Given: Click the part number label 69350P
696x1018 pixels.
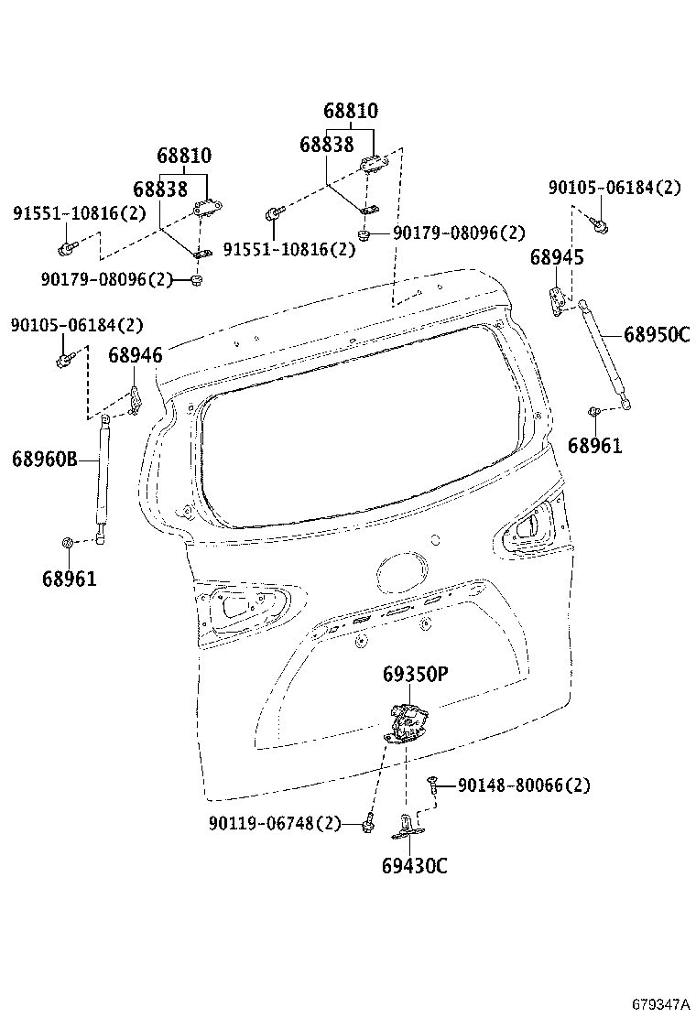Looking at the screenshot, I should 415,675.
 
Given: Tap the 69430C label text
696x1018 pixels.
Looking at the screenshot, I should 415,865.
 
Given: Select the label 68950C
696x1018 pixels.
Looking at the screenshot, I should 656,334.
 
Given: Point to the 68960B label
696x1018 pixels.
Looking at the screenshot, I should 45,459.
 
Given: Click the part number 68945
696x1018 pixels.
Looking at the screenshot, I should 556,258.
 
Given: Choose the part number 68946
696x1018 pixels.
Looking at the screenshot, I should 135,355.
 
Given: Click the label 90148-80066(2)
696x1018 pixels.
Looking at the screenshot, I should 523,785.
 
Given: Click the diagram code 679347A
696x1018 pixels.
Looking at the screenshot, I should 659,1004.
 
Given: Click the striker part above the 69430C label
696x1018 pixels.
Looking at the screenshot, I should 406,827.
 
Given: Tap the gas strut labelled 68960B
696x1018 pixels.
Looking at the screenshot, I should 101,476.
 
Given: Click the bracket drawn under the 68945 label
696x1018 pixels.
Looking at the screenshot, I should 557,298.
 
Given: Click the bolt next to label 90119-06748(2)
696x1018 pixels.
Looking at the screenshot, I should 366,824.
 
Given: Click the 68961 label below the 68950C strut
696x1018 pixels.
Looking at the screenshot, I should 594,446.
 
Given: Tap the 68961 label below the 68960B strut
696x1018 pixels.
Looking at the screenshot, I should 69,579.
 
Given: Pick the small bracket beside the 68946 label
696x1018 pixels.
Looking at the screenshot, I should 135,400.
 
